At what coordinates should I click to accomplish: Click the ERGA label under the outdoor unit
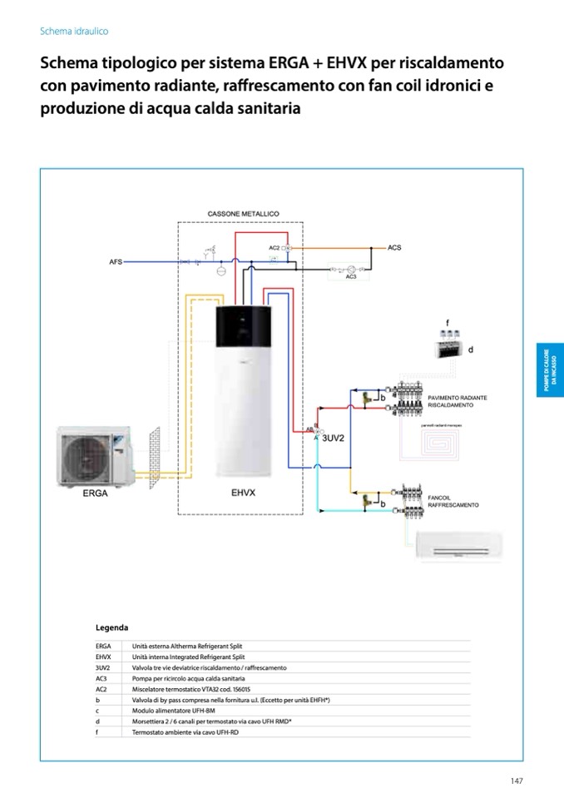96,493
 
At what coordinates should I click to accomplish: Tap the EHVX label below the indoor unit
243,493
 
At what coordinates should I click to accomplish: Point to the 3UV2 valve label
333,437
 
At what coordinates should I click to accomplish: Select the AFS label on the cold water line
116,261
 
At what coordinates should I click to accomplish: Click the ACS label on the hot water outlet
394,248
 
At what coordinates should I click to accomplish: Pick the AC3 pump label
351,277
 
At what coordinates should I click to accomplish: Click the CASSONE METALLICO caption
243,214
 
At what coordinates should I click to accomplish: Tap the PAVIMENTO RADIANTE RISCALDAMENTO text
457,401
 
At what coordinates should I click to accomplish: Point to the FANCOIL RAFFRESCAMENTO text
453,501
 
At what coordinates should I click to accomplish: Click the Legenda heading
111,627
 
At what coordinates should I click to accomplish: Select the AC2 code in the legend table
101,689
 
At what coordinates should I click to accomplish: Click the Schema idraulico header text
74,31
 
